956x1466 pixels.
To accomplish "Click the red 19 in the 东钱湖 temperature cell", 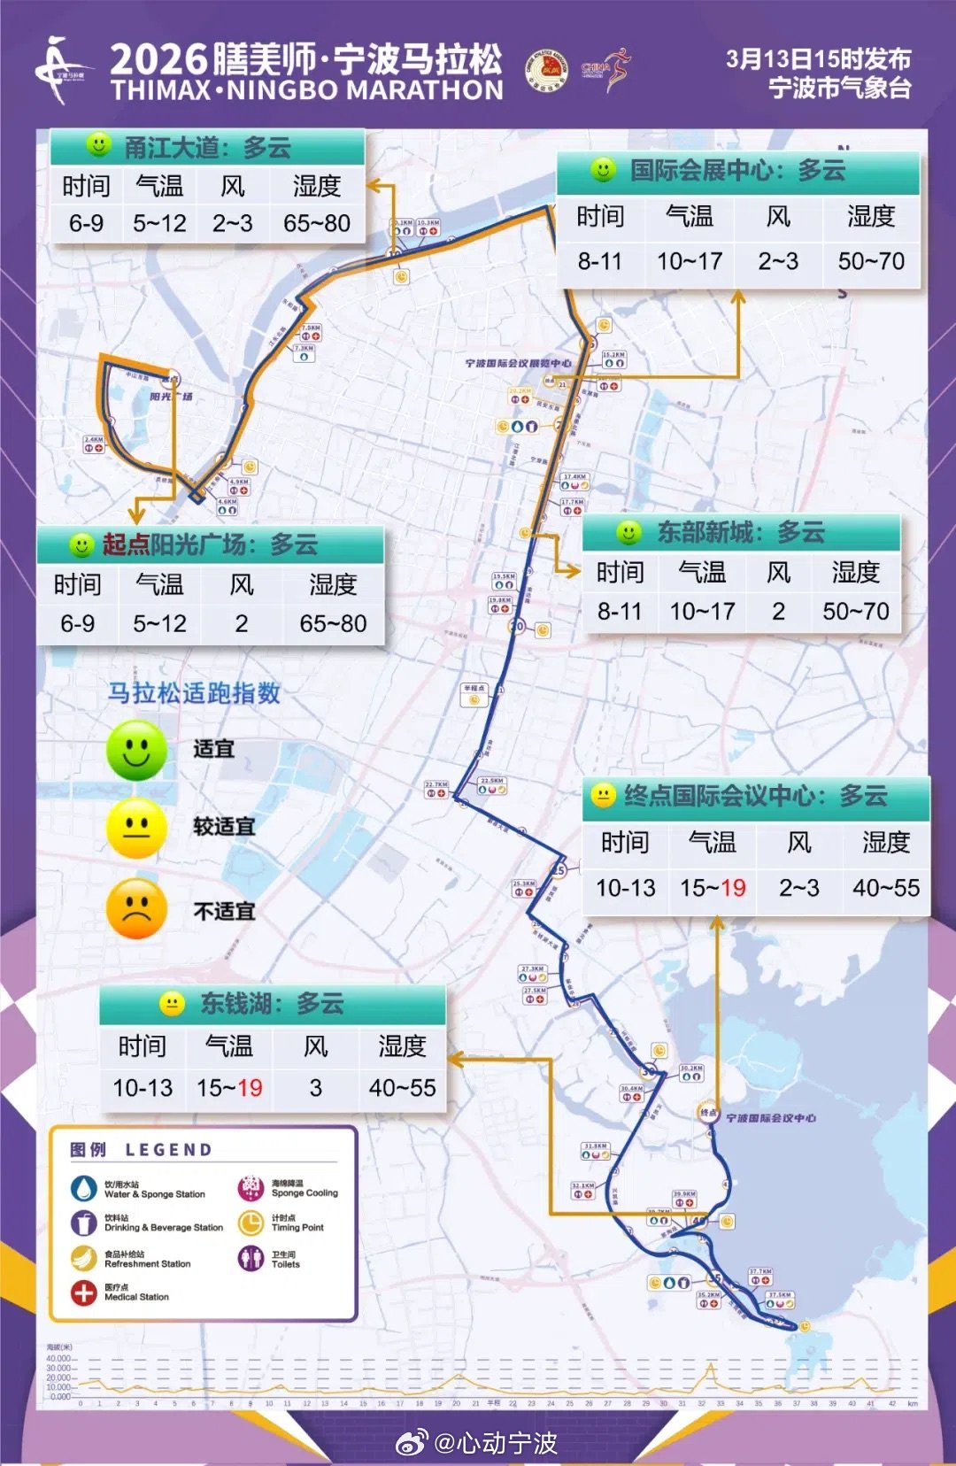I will (x=251, y=1088).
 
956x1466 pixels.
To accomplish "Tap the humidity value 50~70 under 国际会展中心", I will (x=871, y=261).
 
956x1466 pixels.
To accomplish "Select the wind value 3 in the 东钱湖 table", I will (x=315, y=1088).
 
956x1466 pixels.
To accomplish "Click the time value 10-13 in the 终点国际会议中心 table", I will (x=625, y=888).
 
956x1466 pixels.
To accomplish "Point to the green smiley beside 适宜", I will (x=136, y=750).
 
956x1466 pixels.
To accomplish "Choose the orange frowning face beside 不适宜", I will (x=136, y=908).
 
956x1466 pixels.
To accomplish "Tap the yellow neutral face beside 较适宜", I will (x=136, y=828).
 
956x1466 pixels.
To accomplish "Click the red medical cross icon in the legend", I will (x=84, y=1293).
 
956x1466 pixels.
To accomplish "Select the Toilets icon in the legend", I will (x=251, y=1258).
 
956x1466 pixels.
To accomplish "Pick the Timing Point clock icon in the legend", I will (x=251, y=1223).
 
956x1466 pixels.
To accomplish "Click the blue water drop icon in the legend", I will (x=84, y=1188).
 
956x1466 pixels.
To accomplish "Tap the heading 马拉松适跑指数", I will (x=194, y=693).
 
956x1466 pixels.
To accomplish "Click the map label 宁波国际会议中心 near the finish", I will (x=771, y=1118).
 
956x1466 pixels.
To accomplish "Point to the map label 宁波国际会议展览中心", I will (x=518, y=363).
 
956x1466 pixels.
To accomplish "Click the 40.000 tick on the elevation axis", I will (x=58, y=1358).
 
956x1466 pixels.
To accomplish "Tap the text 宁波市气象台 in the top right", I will (x=839, y=89).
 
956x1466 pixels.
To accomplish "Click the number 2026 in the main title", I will (x=158, y=61).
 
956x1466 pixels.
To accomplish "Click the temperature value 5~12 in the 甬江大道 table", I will (x=159, y=223).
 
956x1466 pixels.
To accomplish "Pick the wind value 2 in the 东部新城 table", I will (x=778, y=611).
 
